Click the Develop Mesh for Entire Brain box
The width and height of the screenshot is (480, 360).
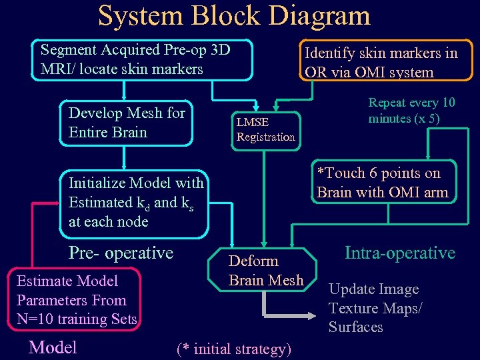127,123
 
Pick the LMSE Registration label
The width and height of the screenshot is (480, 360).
265,129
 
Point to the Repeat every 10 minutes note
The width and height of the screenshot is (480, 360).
411,111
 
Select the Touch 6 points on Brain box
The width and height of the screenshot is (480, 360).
382,183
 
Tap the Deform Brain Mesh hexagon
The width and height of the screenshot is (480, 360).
266,271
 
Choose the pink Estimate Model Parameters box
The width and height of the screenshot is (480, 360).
77,300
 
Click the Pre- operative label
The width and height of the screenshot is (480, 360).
121,253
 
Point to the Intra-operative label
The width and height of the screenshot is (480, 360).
399,253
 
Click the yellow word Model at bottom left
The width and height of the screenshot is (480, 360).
53,347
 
